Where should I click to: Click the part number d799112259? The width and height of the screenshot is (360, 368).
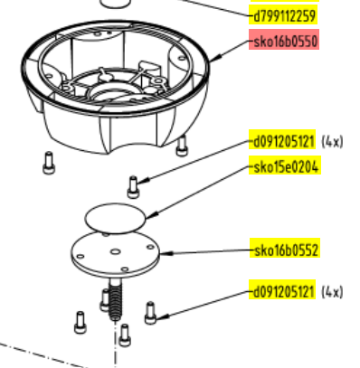coord(284,16)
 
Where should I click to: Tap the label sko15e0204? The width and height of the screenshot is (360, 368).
coord(285,166)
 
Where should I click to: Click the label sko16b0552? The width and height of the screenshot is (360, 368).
coord(286,250)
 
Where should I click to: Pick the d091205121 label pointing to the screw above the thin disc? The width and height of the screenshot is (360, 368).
coord(282,141)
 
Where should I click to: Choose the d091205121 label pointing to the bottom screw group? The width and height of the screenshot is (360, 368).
coord(282,291)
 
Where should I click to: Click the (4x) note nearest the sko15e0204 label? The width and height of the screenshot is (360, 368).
coord(332,141)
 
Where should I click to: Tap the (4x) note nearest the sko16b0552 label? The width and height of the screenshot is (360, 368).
coord(332,292)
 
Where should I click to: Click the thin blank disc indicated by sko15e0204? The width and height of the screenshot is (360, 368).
coord(115,218)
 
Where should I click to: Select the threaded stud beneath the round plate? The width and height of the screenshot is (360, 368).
coord(116,299)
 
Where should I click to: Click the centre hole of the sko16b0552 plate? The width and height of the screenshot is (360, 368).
coord(115,251)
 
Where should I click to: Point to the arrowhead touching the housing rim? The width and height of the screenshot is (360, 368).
coord(216,58)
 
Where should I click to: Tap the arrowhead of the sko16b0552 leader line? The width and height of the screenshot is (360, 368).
coord(166,253)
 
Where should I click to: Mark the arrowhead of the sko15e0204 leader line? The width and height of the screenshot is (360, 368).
coord(152,216)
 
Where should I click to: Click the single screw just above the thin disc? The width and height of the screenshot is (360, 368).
coord(133,187)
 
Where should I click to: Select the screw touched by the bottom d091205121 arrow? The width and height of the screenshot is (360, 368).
coord(150,313)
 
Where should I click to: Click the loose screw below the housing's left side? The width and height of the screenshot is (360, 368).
coord(49,163)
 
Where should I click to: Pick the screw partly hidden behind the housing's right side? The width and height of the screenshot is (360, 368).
coord(182,146)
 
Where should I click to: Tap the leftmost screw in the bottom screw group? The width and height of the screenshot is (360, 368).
coord(81,322)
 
